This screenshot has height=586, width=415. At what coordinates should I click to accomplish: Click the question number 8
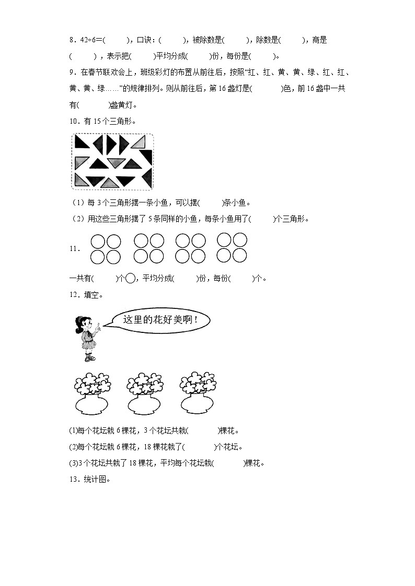72,40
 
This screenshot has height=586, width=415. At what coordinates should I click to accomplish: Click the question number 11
74,249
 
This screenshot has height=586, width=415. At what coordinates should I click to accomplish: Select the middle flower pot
145,403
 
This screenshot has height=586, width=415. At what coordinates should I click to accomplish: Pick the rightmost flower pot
197,403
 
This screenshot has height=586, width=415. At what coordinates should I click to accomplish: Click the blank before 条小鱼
211,203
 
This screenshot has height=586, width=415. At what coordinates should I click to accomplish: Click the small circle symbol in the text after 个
131,278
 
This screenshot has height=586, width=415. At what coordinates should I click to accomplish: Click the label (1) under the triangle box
76,203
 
